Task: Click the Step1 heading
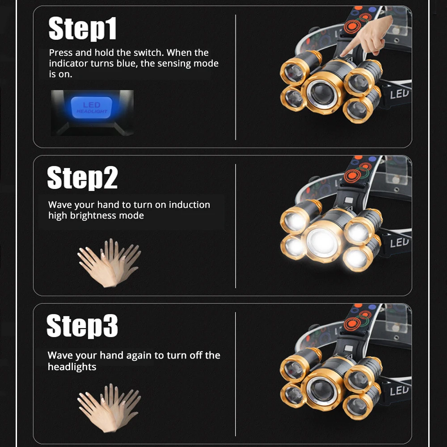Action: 83,29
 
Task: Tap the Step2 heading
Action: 83,177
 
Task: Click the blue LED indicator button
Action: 92,107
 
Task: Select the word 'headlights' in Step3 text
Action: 72,367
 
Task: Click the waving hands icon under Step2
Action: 109,262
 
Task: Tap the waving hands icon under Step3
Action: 109,408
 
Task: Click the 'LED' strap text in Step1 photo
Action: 399,94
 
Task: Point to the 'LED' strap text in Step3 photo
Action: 399,391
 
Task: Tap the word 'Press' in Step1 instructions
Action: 61,53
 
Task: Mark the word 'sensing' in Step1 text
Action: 186,63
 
